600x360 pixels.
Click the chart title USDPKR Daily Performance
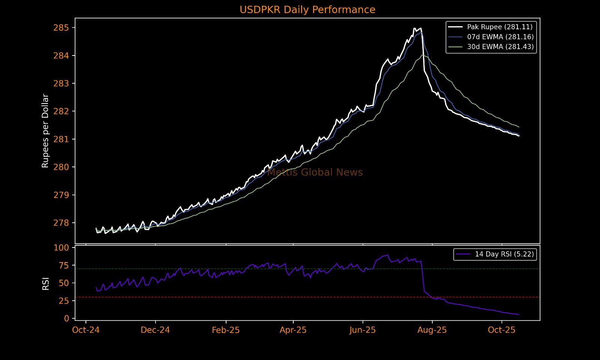(307, 10)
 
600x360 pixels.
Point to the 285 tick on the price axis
(61, 28)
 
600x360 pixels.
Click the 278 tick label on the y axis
(61, 223)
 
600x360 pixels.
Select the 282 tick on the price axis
(61, 111)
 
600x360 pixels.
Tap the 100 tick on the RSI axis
(61, 247)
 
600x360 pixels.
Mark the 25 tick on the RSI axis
(64, 301)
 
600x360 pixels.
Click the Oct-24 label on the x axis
(86, 330)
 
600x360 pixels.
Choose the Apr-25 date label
(293, 330)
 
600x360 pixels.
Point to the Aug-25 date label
(432, 330)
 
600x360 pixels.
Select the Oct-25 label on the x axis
(502, 330)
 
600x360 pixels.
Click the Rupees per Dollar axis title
(45, 130)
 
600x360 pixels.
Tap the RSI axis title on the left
(46, 283)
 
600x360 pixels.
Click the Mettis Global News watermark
(315, 172)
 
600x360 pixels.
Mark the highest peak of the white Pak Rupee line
(414, 28)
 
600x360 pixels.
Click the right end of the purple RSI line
(519, 315)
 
